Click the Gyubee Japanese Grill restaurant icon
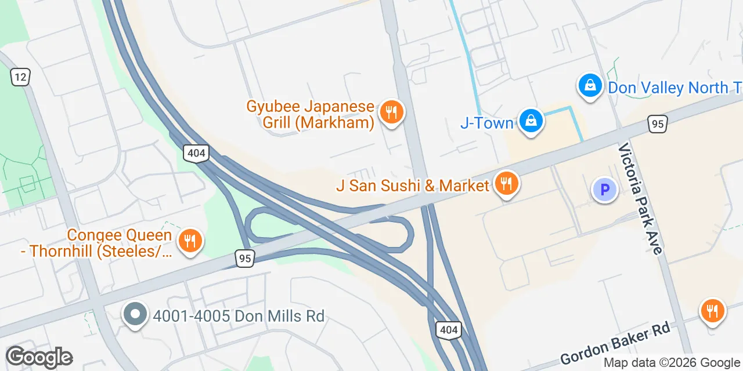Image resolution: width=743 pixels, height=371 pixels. coord(392,112)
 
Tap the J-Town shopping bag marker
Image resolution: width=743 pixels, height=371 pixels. coord(531,121)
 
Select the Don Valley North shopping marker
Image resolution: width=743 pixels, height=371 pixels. coord(590,86)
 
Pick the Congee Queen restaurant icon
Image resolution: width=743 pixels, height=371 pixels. coord(189,239)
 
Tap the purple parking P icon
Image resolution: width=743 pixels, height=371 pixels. coord(604,190)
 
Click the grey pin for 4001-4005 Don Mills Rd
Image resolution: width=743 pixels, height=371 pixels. coord(135,315)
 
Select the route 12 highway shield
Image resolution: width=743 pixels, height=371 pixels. coord(20,77)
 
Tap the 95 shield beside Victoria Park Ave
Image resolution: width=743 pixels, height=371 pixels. coord(658,124)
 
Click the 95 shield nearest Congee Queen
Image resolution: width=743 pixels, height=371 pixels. coord(246,259)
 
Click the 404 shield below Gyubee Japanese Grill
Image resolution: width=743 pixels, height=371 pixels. coord(196,154)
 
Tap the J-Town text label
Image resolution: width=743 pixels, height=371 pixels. coord(486,123)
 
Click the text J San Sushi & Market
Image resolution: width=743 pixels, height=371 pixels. coord(413,185)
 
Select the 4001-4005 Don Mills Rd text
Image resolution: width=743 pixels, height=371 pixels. coord(238,317)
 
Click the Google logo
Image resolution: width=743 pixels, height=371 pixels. coord(39,357)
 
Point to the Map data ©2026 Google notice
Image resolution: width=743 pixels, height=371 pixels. coord(671,363)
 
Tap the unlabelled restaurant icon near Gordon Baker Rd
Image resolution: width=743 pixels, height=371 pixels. coord(712,311)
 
